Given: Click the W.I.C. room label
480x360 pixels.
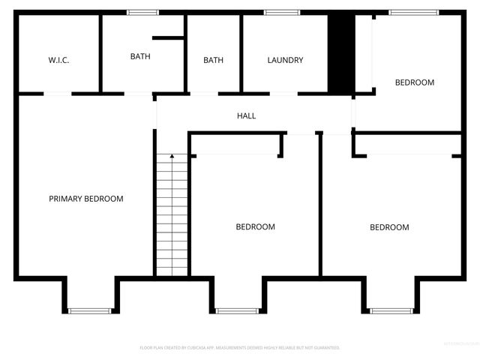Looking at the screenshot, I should click(58, 60).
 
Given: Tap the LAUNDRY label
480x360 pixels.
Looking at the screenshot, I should click(285, 60).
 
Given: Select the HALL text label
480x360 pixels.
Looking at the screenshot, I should click(246, 116).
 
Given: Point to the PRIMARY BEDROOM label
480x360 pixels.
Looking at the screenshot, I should click(86, 199).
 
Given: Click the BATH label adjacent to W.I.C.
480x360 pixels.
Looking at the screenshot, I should click(140, 56).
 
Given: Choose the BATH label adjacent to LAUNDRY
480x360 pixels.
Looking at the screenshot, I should click(213, 60).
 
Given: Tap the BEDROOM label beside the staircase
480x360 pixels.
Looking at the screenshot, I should click(255, 226).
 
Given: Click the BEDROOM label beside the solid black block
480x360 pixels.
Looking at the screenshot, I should click(415, 82).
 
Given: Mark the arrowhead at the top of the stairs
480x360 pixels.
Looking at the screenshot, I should click(172, 156).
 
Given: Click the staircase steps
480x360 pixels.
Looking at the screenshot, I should click(172, 217).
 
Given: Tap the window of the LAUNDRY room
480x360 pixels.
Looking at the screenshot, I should click(282, 12).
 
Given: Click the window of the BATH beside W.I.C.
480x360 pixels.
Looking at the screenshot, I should click(142, 12).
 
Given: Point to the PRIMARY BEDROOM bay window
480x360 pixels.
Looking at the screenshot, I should click(89, 310).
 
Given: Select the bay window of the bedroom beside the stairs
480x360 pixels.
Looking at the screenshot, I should click(237, 310).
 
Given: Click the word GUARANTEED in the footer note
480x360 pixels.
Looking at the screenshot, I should click(323, 348).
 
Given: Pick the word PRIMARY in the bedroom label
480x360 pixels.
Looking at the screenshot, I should click(65, 199).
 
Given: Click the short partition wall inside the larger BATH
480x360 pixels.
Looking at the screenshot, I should click(168, 37).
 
